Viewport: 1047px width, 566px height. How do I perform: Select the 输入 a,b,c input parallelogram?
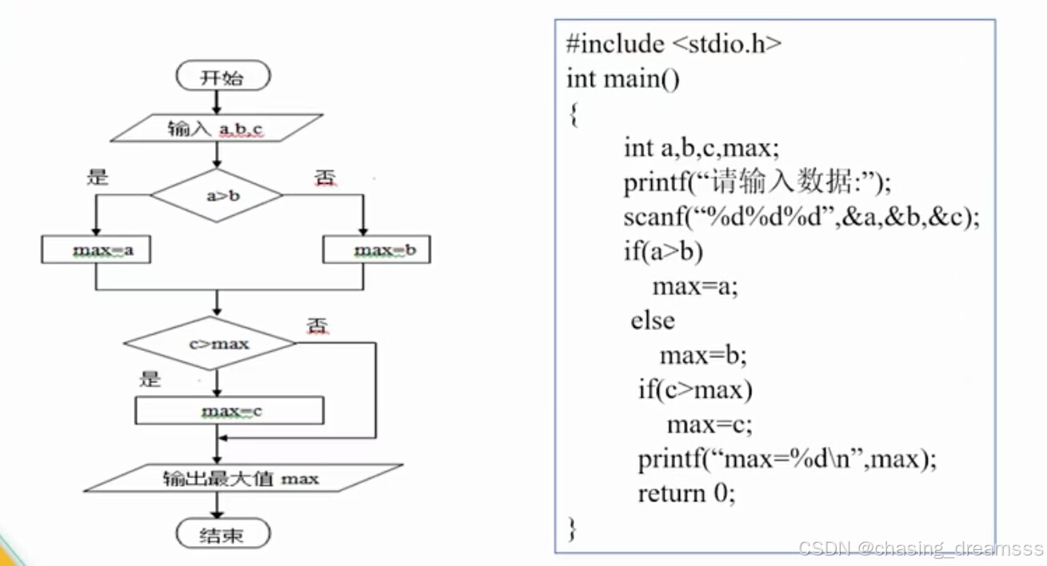click(x=216, y=128)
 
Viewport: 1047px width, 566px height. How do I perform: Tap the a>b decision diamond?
click(x=217, y=195)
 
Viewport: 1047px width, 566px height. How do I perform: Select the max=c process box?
click(x=230, y=411)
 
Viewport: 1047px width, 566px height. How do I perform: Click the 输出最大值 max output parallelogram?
click(x=241, y=479)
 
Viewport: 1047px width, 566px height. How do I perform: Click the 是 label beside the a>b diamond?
click(x=97, y=177)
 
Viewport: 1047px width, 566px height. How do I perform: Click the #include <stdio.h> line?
click(x=673, y=44)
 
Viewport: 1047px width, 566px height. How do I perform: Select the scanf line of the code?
click(x=801, y=217)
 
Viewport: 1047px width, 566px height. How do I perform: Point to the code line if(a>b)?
click(x=663, y=252)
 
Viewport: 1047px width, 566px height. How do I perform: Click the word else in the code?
click(x=653, y=321)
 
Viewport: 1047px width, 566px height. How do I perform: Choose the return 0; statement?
click(x=685, y=493)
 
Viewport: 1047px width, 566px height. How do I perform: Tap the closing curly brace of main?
click(x=571, y=528)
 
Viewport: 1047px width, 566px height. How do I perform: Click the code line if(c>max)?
click(x=695, y=390)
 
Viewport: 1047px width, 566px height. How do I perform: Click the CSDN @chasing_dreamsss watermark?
click(x=921, y=549)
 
